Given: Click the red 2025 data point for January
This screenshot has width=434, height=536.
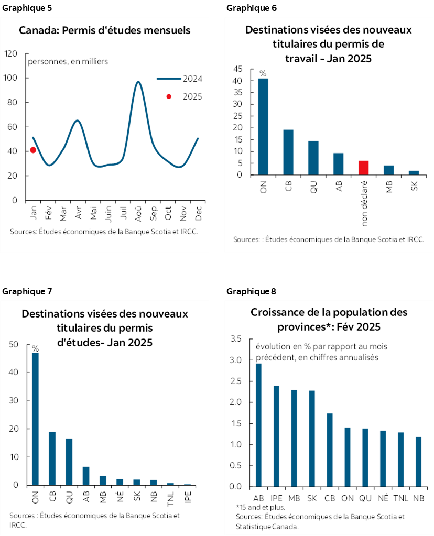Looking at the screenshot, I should coord(32,150).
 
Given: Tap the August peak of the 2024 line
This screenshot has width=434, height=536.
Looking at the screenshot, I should coord(138,82).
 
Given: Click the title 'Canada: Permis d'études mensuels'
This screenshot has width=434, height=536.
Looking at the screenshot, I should coord(104,30).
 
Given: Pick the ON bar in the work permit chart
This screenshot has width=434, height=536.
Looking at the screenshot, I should coord(263,126).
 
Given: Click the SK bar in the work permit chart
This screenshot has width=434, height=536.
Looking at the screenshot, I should coord(414,173).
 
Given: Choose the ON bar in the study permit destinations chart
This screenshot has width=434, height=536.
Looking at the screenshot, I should coord(36,419).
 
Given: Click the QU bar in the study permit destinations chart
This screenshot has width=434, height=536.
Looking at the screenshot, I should coord(69,462).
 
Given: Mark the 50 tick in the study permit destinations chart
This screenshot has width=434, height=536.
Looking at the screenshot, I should coord(14,344).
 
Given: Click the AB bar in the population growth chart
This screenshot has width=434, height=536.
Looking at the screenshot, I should coord(258,425).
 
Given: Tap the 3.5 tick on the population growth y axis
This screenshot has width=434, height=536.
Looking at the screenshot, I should coord(235,339).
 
